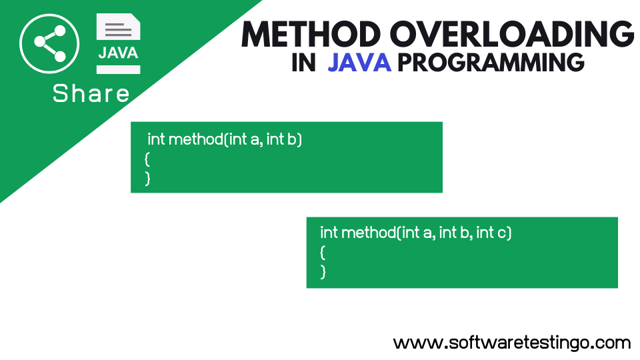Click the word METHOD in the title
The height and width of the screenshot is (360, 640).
[311, 33]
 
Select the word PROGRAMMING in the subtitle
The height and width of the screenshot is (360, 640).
[491, 63]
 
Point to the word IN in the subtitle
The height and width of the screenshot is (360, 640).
[303, 63]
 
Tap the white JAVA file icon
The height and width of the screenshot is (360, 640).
[118, 44]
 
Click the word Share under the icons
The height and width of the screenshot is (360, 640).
[91, 94]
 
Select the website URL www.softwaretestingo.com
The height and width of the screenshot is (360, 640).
[511, 343]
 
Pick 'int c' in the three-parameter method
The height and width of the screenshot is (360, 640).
[493, 233]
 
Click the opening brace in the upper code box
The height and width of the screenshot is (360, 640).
[147, 159]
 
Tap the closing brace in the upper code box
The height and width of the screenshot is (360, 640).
[147, 178]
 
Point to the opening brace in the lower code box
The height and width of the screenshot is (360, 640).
[323, 252]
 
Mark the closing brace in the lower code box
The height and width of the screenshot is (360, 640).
[323, 271]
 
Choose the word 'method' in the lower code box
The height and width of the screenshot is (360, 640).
[368, 233]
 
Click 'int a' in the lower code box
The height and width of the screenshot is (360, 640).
[419, 233]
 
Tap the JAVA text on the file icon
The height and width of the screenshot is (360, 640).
[118, 53]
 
